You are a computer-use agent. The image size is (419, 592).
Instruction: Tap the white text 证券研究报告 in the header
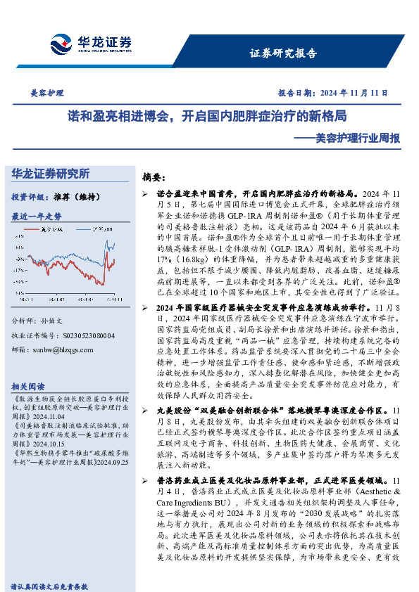pyautogui.click(x=283, y=53)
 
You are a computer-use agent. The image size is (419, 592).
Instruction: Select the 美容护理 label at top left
pyautogui.click(x=47, y=92)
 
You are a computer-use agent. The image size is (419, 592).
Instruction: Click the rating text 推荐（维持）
pyautogui.click(x=73, y=198)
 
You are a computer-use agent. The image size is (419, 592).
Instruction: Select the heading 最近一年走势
pyautogui.click(x=37, y=217)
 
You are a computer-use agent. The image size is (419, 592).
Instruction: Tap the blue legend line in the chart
pyautogui.click(x=83, y=229)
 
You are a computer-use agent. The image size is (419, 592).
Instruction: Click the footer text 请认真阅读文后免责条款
pyautogui.click(x=49, y=585)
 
